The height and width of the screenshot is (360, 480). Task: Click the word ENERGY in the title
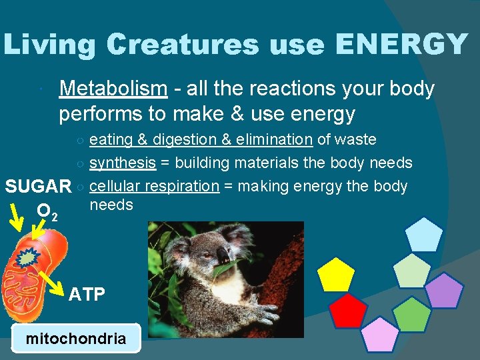(x=401, y=44)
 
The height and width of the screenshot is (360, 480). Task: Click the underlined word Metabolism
(x=113, y=89)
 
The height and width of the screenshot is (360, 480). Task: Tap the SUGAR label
(x=38, y=187)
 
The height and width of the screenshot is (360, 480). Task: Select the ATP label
(x=87, y=294)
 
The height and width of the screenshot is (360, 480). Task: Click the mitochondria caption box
(x=76, y=338)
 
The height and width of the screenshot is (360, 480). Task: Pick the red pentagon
(x=349, y=311)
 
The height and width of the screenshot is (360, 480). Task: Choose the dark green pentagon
(x=411, y=315)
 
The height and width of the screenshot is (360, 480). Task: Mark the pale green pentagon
(x=413, y=269)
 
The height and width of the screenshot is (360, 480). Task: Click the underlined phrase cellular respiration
(x=154, y=186)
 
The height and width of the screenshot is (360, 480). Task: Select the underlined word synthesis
(x=123, y=163)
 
